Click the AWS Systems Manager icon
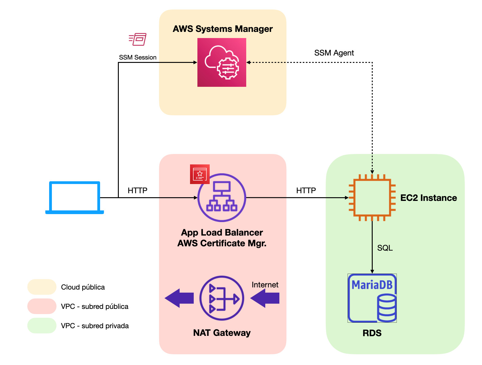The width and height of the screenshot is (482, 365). coord(222,62)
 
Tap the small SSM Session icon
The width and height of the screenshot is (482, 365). coord(138,39)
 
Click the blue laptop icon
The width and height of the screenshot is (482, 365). coord(75,198)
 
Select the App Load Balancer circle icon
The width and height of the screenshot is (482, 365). coord(222,198)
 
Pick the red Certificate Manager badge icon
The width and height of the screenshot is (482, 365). coord(200,174)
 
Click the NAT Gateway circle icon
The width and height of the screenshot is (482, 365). coord(222,298)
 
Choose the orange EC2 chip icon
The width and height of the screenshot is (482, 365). coord(372,198)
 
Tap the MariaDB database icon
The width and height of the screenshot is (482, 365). coord(372,298)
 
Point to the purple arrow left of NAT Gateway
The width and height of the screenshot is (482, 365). coord(179,298)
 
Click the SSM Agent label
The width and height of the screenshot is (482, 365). coord(334,53)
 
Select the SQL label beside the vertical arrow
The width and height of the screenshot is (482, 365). coord(385,248)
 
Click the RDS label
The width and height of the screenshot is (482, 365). coord(372,333)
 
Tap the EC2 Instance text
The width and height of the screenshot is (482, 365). coord(429,198)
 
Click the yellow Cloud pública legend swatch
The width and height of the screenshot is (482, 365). coord(42,287)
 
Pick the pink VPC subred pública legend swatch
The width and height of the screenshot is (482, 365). coord(42,306)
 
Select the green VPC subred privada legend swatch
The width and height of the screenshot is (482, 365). coord(42,325)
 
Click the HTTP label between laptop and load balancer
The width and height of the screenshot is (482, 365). coord(138,190)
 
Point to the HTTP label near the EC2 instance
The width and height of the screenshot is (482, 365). coord(306,190)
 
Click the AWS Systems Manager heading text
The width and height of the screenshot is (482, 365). coord(223,29)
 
